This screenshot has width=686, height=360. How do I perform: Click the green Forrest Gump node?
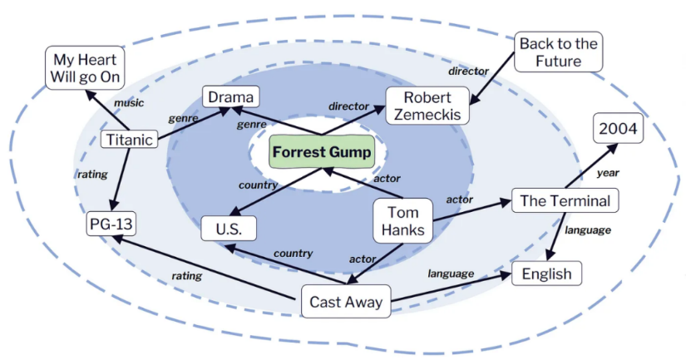click(x=322, y=152)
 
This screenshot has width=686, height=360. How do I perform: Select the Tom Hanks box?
click(x=403, y=221)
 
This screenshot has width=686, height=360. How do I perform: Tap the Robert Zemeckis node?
click(x=427, y=106)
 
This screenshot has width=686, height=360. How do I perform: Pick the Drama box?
click(x=230, y=96)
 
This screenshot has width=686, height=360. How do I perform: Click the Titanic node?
click(x=129, y=140)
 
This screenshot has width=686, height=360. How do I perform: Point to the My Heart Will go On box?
click(x=85, y=68)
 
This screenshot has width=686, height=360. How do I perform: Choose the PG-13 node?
click(x=111, y=224)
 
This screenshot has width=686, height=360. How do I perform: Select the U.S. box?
click(x=229, y=229)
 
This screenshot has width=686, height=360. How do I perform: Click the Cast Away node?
click(x=346, y=301)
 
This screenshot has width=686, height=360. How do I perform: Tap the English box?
click(x=546, y=274)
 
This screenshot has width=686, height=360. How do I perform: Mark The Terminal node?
click(x=565, y=200)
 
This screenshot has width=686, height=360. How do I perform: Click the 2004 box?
click(x=618, y=128)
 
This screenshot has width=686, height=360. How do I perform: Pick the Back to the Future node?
click(x=558, y=52)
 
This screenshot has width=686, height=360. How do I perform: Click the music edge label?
click(x=129, y=103)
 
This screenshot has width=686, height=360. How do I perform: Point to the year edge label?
click(x=608, y=173)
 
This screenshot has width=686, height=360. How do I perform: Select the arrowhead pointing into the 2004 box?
click(x=613, y=148)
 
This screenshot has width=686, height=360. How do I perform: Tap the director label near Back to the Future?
click(x=468, y=71)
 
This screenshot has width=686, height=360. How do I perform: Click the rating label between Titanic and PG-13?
click(x=92, y=174)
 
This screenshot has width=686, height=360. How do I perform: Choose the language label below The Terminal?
click(x=588, y=229)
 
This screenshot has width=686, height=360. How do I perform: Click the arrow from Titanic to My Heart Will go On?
click(x=107, y=111)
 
